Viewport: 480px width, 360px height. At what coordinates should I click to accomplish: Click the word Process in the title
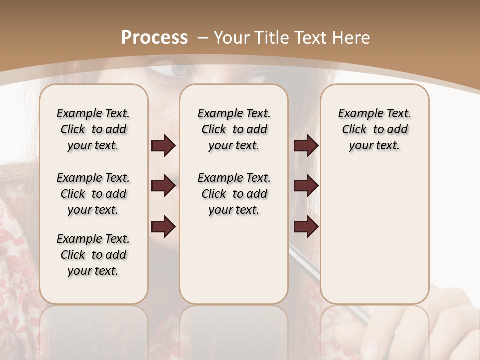[x=154, y=38]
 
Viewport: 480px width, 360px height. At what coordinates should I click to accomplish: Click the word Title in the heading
[x=271, y=38]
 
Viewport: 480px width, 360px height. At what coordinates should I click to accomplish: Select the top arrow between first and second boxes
[x=163, y=145]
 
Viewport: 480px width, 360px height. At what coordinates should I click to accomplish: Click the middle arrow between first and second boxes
[x=163, y=186]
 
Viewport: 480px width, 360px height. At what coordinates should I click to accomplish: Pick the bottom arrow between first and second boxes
[x=163, y=227]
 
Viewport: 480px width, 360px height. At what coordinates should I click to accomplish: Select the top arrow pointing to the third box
[x=306, y=145]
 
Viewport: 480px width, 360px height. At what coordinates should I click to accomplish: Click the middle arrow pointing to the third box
[x=306, y=186]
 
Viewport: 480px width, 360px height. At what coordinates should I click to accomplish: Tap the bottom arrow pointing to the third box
[x=306, y=227]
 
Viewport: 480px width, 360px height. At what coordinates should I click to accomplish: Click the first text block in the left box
[x=93, y=129]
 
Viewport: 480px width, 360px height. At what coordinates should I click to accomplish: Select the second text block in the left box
[x=93, y=194]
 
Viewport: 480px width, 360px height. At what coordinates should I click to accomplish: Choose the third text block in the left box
[x=93, y=255]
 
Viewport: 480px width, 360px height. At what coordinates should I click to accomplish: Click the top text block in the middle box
[x=234, y=129]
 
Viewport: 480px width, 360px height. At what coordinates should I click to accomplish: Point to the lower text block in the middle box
[x=234, y=194]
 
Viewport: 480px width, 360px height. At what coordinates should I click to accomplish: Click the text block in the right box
[x=374, y=129]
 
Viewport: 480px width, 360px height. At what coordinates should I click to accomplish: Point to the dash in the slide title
[x=203, y=38]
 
